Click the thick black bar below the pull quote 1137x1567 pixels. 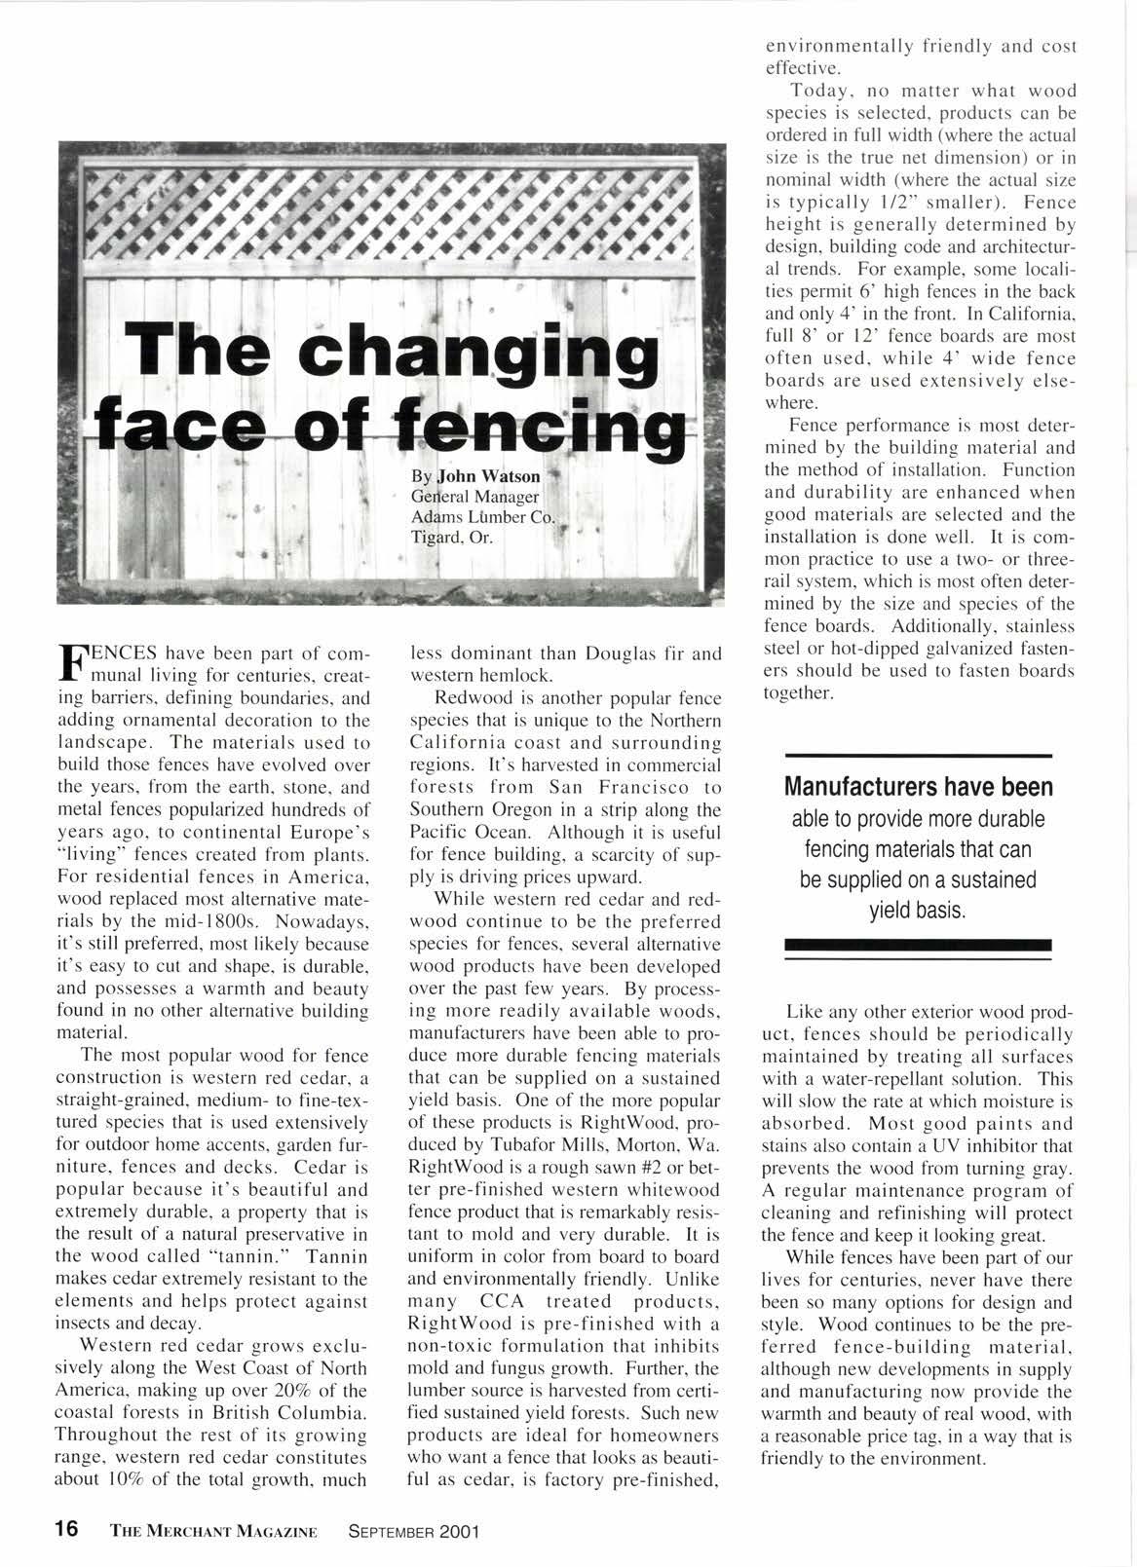pyautogui.click(x=918, y=944)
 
